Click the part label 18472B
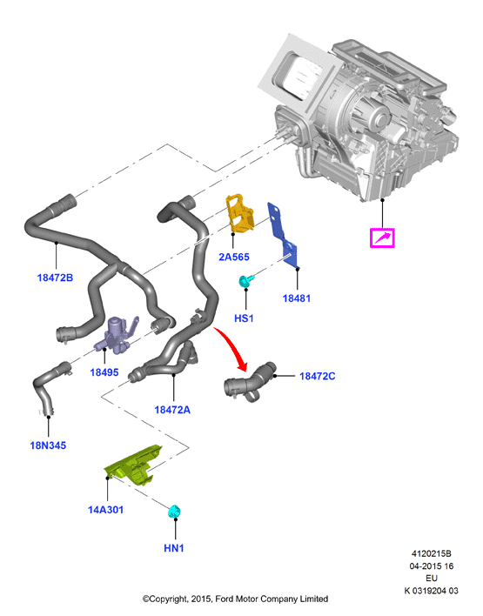(55, 278)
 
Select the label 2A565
(234, 257)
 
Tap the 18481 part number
(296, 298)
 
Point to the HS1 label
(244, 318)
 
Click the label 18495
(104, 372)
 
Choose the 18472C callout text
(318, 377)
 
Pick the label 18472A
(172, 410)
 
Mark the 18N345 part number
(48, 445)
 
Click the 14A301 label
(105, 510)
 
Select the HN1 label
(174, 548)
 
